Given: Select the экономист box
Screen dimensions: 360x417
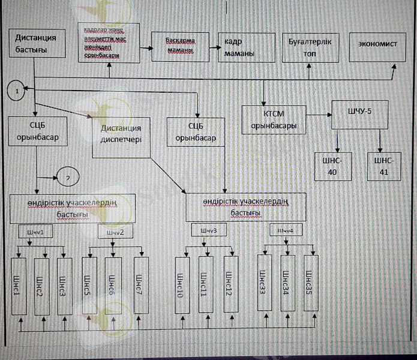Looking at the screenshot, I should (377, 46).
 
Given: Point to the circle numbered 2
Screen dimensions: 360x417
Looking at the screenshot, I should (68, 178).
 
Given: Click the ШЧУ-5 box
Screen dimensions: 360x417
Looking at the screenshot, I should (358, 115).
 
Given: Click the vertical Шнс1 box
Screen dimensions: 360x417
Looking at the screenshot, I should (19, 285).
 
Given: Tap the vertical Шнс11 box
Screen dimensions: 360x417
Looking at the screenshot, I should (205, 284).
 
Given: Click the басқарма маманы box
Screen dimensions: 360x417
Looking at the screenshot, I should (181, 46).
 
